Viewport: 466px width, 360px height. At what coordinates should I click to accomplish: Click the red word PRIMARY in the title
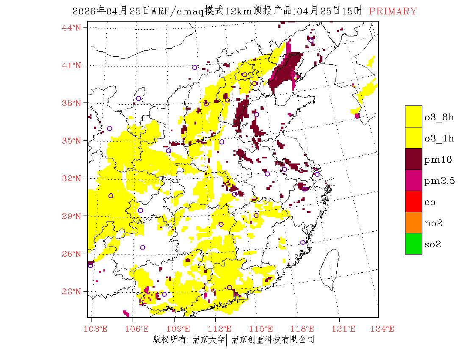point(393,11)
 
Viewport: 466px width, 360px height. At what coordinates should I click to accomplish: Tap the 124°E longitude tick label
point(385,329)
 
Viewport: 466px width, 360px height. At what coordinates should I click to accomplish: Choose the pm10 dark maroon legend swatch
point(413,159)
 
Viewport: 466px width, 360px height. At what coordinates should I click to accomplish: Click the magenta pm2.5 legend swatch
point(413,180)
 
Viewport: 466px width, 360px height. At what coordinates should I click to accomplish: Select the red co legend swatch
point(413,202)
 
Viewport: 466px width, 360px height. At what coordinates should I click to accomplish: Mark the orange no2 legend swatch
point(413,223)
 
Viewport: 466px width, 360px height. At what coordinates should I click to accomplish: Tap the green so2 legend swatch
point(413,244)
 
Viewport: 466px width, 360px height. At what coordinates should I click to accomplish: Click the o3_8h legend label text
point(439,117)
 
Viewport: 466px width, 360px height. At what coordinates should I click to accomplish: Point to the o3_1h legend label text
point(439,138)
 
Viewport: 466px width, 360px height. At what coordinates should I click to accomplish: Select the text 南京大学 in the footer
point(208,340)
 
